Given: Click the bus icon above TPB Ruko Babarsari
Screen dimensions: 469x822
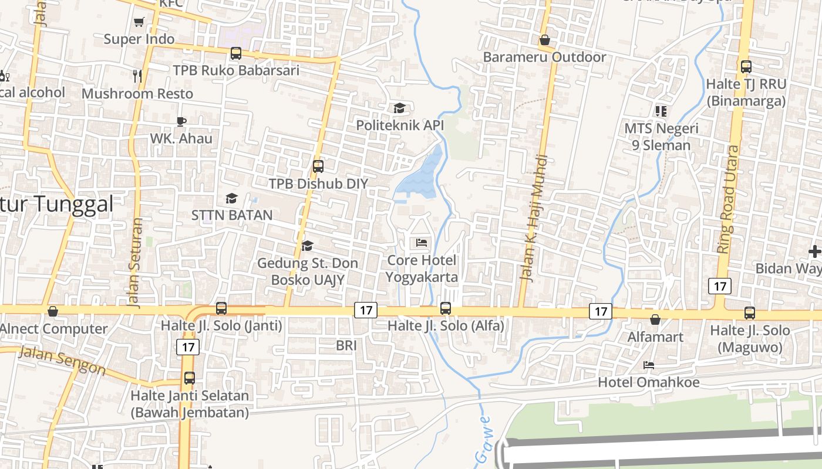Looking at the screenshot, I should coord(235,53).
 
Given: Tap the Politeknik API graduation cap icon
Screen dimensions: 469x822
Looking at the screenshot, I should coord(399,108).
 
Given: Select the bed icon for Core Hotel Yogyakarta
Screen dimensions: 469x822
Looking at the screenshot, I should coord(422,242).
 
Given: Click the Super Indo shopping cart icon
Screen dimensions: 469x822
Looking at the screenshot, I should coord(139,22).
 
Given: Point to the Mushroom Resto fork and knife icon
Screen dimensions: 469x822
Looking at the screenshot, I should coord(137,76).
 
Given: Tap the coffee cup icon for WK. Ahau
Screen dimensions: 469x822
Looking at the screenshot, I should coord(181,121).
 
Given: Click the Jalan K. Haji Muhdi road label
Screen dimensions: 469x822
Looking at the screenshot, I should coord(534,218).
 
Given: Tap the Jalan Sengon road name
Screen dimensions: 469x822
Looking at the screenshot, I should coord(62,360).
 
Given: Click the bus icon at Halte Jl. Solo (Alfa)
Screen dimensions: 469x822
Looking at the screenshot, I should coord(446,308).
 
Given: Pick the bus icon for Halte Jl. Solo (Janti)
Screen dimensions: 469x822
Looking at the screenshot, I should coord(221,308).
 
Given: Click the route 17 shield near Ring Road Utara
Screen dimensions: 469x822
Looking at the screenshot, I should coord(720,286).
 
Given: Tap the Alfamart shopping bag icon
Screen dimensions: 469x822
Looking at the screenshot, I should coord(655,320).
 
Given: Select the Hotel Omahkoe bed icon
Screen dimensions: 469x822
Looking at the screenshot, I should coord(649,365).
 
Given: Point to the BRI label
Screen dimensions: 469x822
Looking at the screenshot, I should coord(346,346).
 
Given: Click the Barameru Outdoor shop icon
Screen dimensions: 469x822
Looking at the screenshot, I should coord(545,40).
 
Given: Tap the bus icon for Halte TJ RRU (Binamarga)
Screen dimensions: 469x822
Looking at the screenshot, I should coord(746,67).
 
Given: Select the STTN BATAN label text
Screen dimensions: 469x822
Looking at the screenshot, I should coord(232,215).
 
